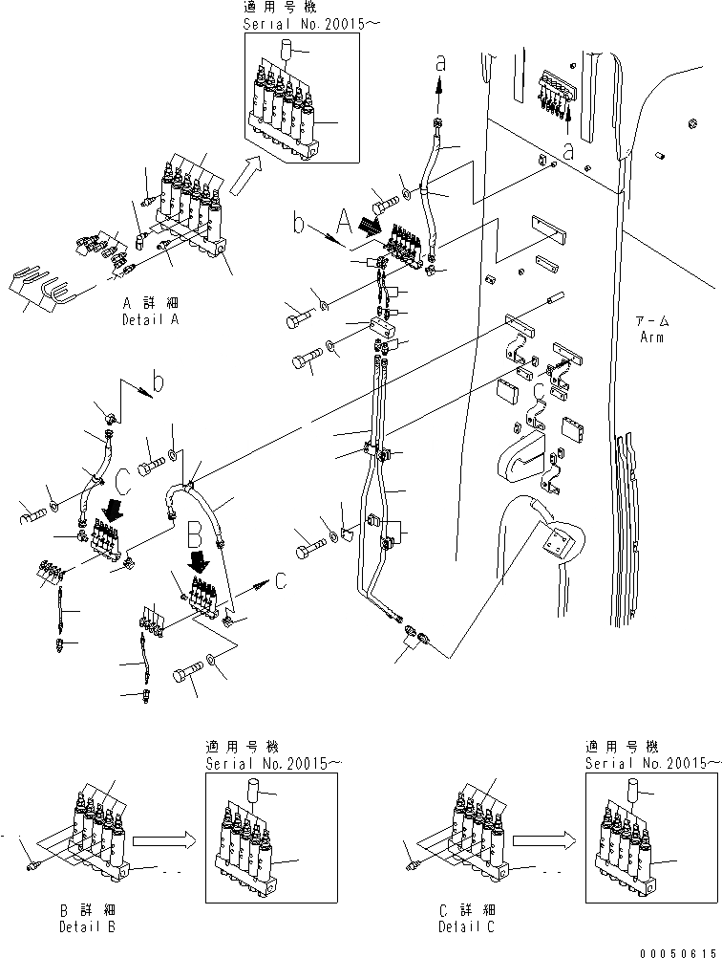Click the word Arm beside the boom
654,337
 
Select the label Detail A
151,319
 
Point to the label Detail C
467,927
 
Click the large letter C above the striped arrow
122,478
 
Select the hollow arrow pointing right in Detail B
163,842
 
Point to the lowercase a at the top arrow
440,63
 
